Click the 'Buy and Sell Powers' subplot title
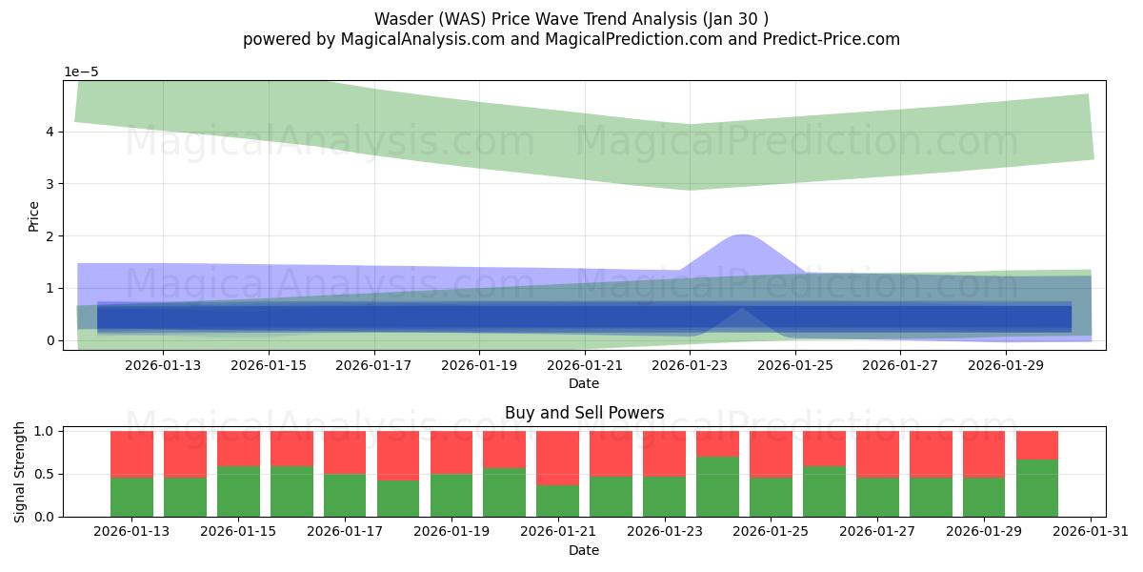click(x=584, y=413)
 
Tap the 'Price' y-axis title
click(x=33, y=215)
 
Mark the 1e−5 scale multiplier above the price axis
click(x=81, y=71)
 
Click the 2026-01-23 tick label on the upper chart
click(x=690, y=363)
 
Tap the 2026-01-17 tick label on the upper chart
click(x=373, y=363)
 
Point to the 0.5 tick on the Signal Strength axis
click(x=45, y=474)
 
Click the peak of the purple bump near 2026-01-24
click(x=742, y=235)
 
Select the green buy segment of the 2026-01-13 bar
click(x=132, y=496)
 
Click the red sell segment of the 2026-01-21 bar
click(x=557, y=458)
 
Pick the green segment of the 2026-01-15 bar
click(x=238, y=491)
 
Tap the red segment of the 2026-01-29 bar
click(x=984, y=454)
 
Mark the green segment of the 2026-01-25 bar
click(x=771, y=496)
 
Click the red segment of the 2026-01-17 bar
click(x=345, y=452)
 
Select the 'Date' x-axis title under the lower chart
click(x=584, y=550)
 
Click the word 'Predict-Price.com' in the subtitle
click(x=835, y=39)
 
